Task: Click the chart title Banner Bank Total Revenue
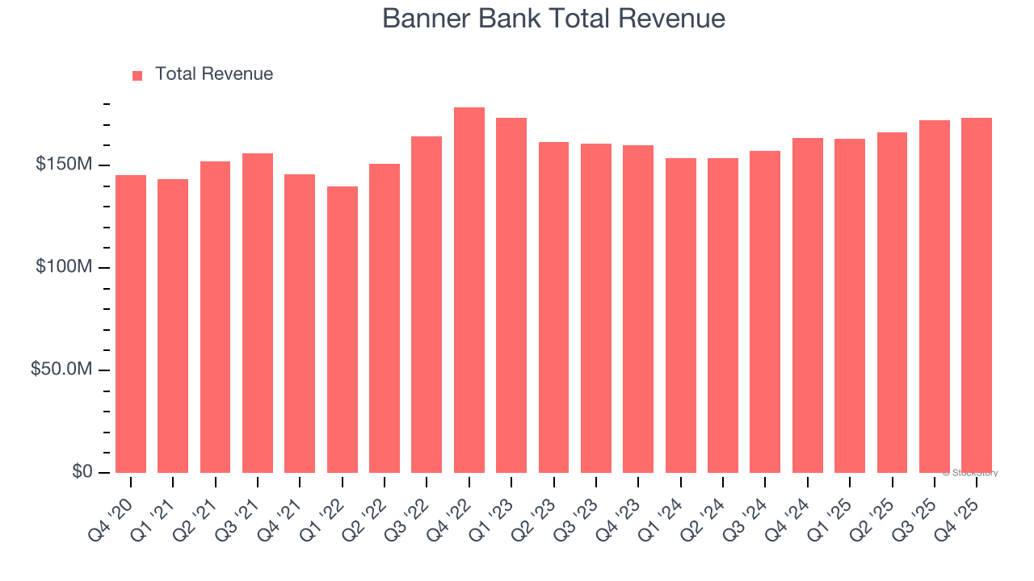click(x=553, y=19)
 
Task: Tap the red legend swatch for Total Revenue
click(x=137, y=75)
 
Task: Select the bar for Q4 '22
click(x=469, y=290)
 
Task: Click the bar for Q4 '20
click(x=131, y=324)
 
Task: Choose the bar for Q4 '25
click(x=977, y=295)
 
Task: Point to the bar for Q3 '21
click(x=258, y=313)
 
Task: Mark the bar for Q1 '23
click(x=511, y=295)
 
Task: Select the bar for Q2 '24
click(x=723, y=316)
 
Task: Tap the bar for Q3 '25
click(x=935, y=296)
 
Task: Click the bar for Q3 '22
click(x=427, y=304)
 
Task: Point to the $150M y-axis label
click(x=64, y=165)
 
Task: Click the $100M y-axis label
click(x=64, y=267)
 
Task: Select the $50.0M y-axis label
click(x=61, y=370)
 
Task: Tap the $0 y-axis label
click(x=82, y=471)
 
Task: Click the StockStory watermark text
click(x=970, y=473)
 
